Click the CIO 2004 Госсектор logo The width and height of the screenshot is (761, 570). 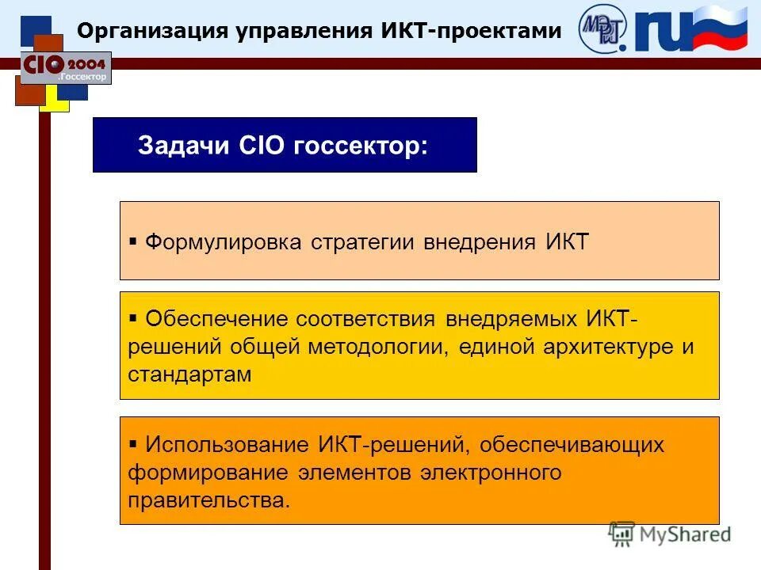65,67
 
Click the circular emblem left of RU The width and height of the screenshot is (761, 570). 603,28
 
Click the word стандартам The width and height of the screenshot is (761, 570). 189,374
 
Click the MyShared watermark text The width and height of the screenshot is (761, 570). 685,534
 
